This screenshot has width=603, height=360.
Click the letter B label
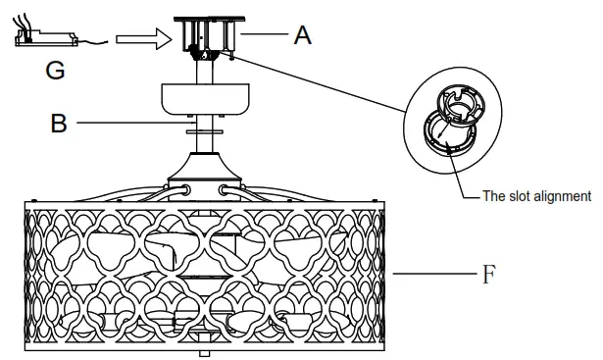click(58, 124)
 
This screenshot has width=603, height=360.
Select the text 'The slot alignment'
click(536, 196)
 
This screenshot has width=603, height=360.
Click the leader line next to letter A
click(266, 35)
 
